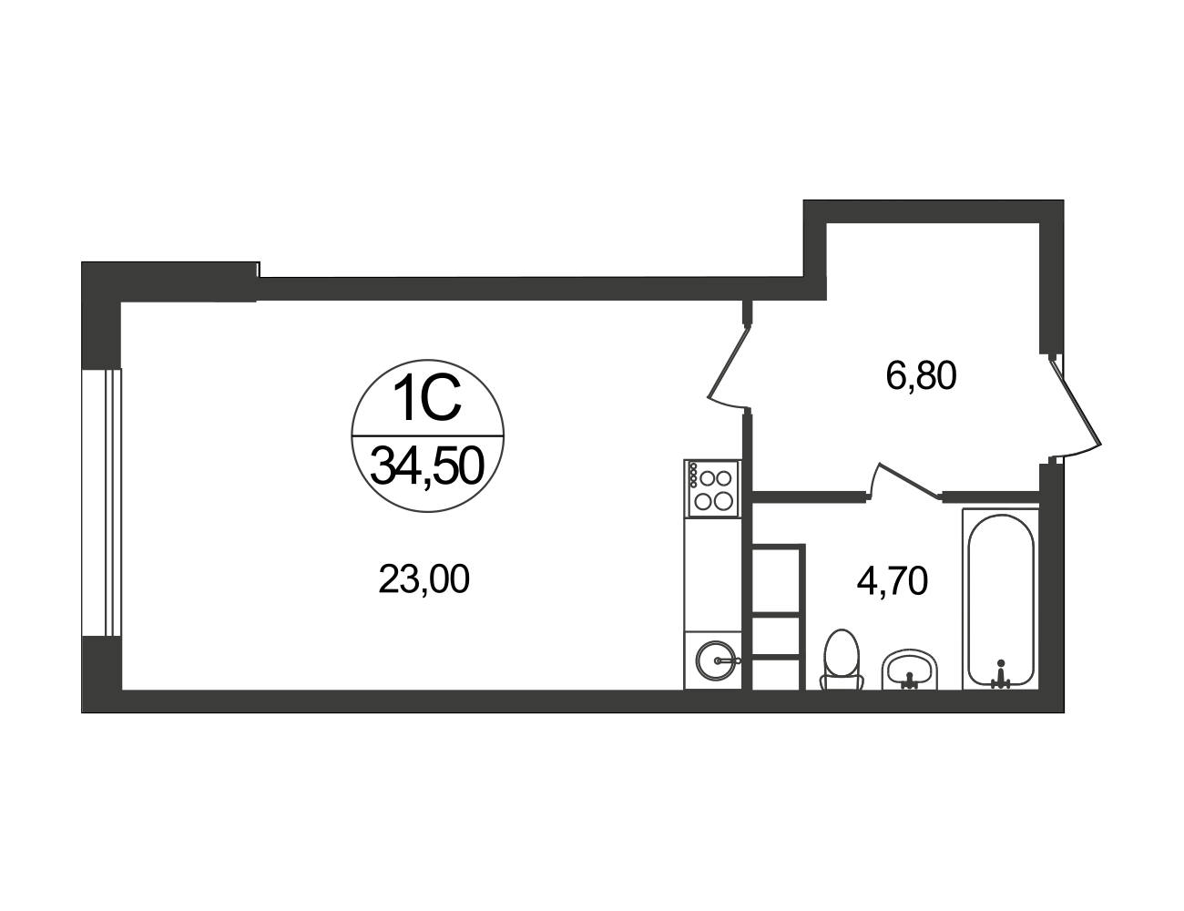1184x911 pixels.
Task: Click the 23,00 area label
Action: [x=424, y=579]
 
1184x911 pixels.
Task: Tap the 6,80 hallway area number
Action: [x=921, y=376]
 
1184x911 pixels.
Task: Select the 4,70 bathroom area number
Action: [x=892, y=581]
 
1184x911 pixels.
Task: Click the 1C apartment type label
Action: [x=427, y=401]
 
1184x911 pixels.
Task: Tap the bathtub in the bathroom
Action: [x=1000, y=599]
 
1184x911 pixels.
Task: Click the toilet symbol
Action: [x=842, y=660]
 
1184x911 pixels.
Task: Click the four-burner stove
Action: [x=713, y=488]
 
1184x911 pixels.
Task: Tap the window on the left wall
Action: [x=101, y=502]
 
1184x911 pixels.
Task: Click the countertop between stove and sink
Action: [x=713, y=575]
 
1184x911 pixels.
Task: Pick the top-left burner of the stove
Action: [x=708, y=478]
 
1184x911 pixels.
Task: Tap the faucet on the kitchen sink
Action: [x=728, y=660]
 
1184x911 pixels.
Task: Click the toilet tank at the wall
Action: [x=842, y=683]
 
